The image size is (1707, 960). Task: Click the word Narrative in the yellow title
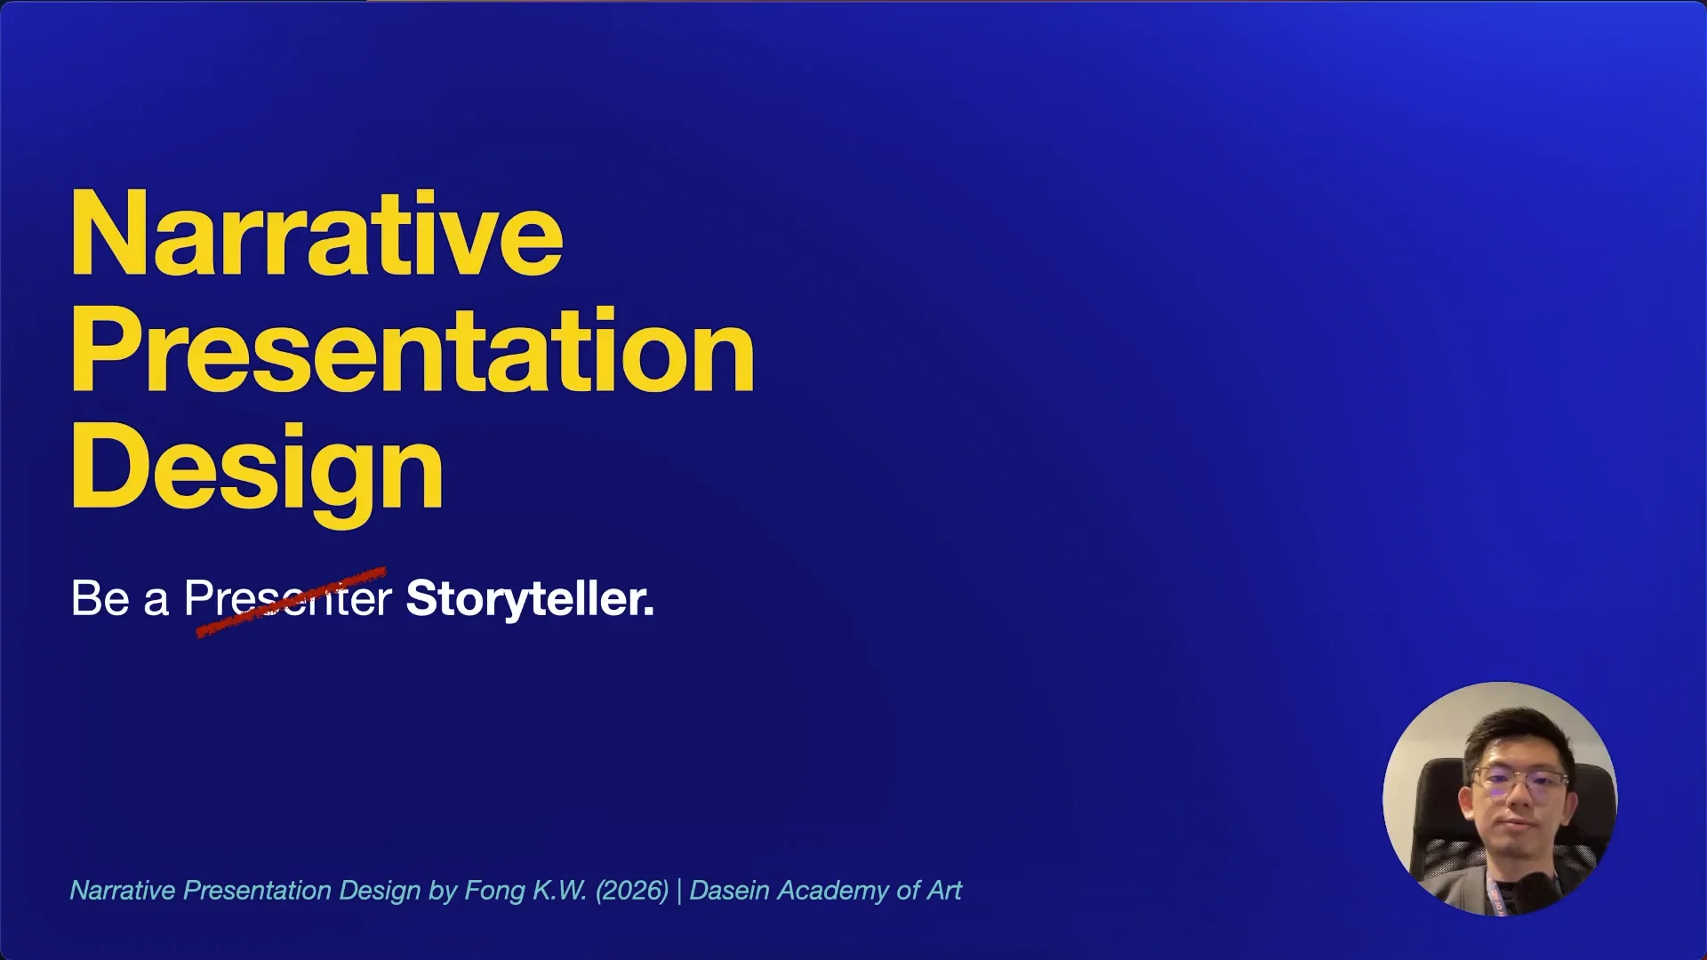click(317, 236)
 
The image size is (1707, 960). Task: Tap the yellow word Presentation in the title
click(413, 351)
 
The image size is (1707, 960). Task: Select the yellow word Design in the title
click(257, 468)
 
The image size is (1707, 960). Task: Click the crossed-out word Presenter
click(287, 598)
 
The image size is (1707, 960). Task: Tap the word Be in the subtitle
click(100, 598)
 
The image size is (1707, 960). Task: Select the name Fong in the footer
click(494, 891)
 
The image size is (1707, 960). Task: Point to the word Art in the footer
click(944, 891)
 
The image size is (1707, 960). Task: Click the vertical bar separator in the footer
click(679, 891)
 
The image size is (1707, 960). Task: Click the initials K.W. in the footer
click(559, 891)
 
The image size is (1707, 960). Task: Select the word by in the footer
click(442, 891)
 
